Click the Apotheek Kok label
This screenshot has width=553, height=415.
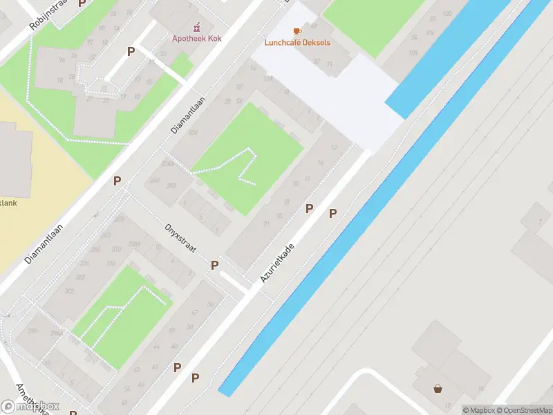pyautogui.click(x=197, y=39)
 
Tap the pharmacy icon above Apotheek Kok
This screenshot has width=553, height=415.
pyautogui.click(x=197, y=27)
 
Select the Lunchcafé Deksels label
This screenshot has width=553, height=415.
pyautogui.click(x=297, y=43)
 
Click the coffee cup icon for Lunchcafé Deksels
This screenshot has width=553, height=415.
pyautogui.click(x=297, y=31)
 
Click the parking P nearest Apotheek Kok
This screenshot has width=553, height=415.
pyautogui.click(x=131, y=51)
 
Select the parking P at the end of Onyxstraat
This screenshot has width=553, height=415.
pyautogui.click(x=215, y=265)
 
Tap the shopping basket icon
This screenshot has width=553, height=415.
pyautogui.click(x=438, y=388)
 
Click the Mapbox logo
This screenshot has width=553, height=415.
pyautogui.click(x=30, y=406)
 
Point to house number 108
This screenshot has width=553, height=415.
pyautogui.click(x=413, y=53)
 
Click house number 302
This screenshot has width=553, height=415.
pyautogui.click(x=69, y=291)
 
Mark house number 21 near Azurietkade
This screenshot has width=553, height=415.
pyautogui.click(x=267, y=223)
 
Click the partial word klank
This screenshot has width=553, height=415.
pyautogui.click(x=8, y=203)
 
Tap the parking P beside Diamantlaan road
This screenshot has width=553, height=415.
pyautogui.click(x=118, y=181)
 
